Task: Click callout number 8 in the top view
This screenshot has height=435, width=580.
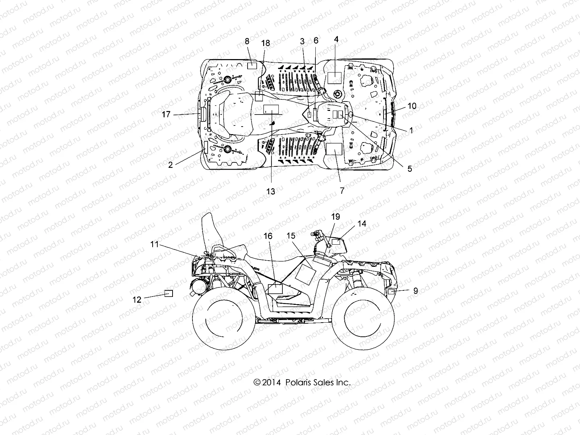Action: click(x=247, y=41)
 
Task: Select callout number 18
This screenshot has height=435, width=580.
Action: click(x=265, y=43)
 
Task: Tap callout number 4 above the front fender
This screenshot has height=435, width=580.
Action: click(x=336, y=40)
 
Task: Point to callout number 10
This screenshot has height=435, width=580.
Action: click(x=412, y=106)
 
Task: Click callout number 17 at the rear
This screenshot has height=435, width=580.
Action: click(x=166, y=115)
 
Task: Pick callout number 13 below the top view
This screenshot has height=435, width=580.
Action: click(x=271, y=191)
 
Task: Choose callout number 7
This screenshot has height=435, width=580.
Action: click(x=341, y=190)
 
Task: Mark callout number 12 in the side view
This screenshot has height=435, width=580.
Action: click(x=137, y=299)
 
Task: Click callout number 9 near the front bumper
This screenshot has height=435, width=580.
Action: click(x=415, y=290)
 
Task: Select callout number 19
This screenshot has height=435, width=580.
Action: click(x=336, y=217)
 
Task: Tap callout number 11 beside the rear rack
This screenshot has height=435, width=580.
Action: click(x=155, y=245)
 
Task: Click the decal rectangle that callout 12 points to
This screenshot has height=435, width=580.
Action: click(x=169, y=293)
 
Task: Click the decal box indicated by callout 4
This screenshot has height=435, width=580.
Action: click(x=335, y=78)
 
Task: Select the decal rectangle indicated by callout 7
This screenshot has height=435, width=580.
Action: click(x=335, y=149)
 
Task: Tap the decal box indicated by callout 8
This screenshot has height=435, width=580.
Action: click(x=252, y=66)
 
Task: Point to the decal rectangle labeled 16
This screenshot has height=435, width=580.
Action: click(x=275, y=289)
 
